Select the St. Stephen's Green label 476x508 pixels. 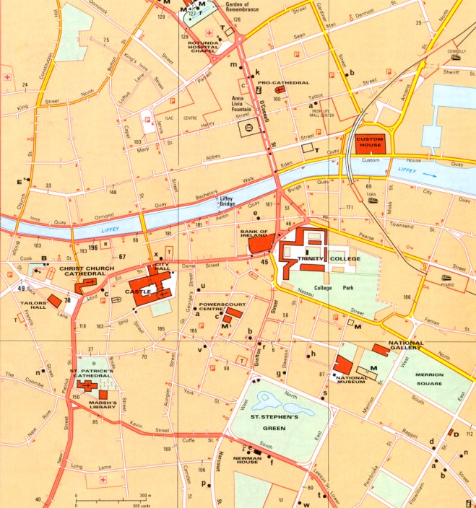[274, 421]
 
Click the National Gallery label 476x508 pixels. [406, 346]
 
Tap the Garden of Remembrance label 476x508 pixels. [226, 7]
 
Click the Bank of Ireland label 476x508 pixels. [254, 235]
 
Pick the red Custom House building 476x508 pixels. [369, 142]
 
